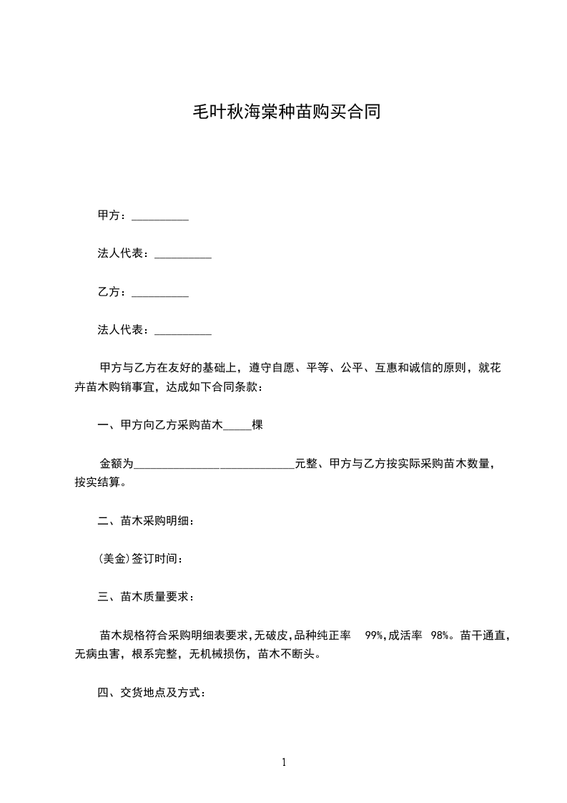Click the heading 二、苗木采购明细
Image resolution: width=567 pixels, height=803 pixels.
146,520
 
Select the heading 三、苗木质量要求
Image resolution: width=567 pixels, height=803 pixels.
146,596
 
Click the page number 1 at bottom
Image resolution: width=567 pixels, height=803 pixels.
284,762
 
